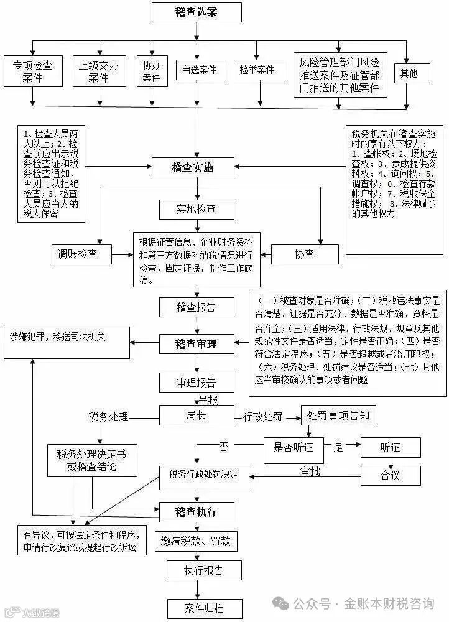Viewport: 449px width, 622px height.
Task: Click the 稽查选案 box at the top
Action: tap(196, 12)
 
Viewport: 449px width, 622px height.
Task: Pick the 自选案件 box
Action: tap(199, 70)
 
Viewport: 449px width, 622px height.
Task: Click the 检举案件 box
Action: tap(257, 70)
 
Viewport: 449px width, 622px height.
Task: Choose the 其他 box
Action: tap(409, 73)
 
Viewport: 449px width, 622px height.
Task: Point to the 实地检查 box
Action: tap(196, 209)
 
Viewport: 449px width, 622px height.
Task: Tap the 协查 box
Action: tap(304, 253)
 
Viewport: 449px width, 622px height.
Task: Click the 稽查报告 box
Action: tap(196, 307)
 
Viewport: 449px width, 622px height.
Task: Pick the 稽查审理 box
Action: tap(196, 343)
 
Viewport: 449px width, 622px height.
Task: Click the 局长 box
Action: tap(196, 415)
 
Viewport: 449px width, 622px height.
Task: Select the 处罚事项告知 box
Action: tap(338, 415)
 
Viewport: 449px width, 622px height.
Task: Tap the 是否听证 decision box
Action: tap(293, 447)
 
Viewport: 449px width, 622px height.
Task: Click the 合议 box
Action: tap(391, 476)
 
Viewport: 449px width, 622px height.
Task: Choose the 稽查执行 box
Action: tap(196, 512)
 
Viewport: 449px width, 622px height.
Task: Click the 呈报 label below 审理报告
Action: tap(208, 398)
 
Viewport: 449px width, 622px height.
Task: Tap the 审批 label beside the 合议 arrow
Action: tap(310, 471)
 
